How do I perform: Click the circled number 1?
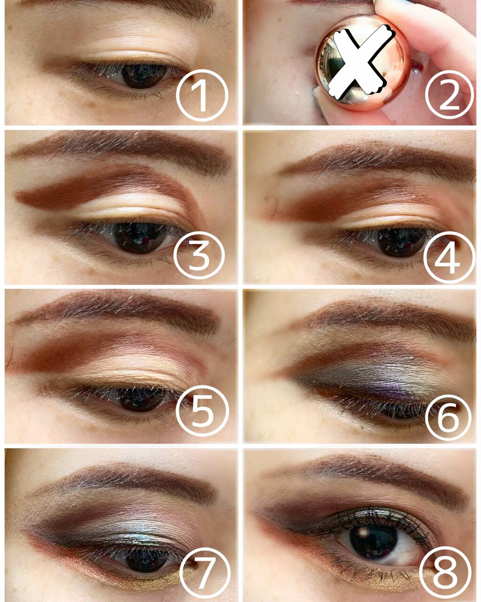coord(202,95)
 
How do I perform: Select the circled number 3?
coord(199,257)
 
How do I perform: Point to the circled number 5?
coord(202,412)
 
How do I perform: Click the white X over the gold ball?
coord(359,61)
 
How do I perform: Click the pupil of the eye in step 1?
coord(141,75)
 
